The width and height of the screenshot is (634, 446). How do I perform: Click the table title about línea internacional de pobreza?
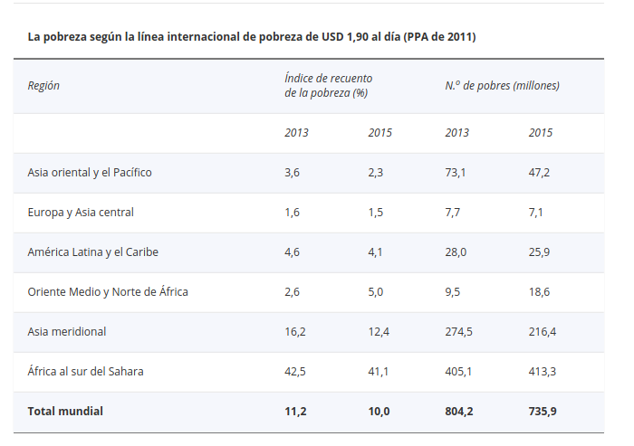(x=252, y=37)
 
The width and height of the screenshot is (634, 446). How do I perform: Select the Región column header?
(x=43, y=86)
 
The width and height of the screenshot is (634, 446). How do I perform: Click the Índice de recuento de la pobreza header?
(x=328, y=86)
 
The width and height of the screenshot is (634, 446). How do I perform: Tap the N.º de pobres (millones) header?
(x=502, y=86)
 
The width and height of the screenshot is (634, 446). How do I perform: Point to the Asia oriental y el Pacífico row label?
(x=90, y=172)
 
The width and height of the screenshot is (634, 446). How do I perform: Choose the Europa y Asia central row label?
(x=81, y=212)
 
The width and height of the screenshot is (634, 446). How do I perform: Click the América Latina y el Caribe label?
(x=93, y=251)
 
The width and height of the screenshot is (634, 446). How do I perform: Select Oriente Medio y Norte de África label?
(x=108, y=291)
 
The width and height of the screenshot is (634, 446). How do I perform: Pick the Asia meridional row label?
(x=67, y=331)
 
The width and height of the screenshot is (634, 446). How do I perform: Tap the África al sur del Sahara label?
(x=85, y=371)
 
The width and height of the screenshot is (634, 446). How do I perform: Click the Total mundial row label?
(x=65, y=411)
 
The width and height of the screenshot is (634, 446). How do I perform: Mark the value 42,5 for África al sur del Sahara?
(x=295, y=371)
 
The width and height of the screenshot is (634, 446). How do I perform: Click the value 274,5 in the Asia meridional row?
(x=459, y=331)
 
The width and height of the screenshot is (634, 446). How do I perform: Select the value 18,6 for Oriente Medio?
(x=540, y=291)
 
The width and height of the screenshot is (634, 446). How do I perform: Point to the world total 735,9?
(x=543, y=411)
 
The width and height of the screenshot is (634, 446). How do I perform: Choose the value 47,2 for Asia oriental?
(x=540, y=172)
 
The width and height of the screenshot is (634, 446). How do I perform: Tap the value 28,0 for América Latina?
(x=456, y=251)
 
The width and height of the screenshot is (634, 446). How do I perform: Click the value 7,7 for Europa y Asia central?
(x=453, y=212)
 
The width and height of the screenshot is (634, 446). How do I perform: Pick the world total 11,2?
(x=295, y=411)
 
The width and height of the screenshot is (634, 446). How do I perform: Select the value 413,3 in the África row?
(x=543, y=371)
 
